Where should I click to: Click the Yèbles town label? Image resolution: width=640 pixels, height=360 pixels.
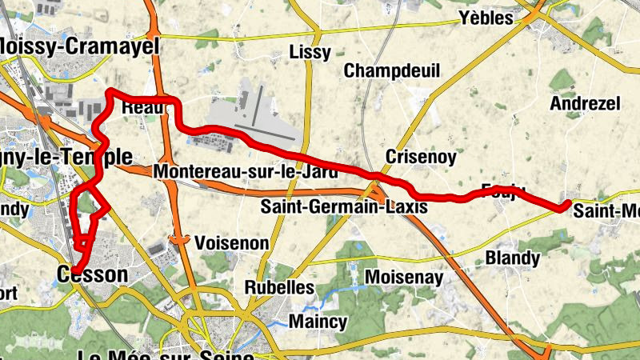click(484, 18)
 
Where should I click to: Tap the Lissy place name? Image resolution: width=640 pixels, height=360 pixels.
click(309, 53)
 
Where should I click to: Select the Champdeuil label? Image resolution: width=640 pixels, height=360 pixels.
click(392, 71)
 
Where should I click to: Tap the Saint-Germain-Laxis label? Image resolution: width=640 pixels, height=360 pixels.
click(344, 206)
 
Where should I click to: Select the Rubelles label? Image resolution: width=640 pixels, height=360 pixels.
click(278, 286)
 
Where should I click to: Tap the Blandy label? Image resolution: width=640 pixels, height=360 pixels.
click(513, 258)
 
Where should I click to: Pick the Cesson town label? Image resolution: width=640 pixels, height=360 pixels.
click(92, 274)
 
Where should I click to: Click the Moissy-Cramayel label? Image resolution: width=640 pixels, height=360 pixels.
click(80, 46)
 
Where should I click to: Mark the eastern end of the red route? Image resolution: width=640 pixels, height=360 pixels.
click(566, 205)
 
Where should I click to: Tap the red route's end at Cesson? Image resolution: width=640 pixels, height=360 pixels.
click(74, 270)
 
